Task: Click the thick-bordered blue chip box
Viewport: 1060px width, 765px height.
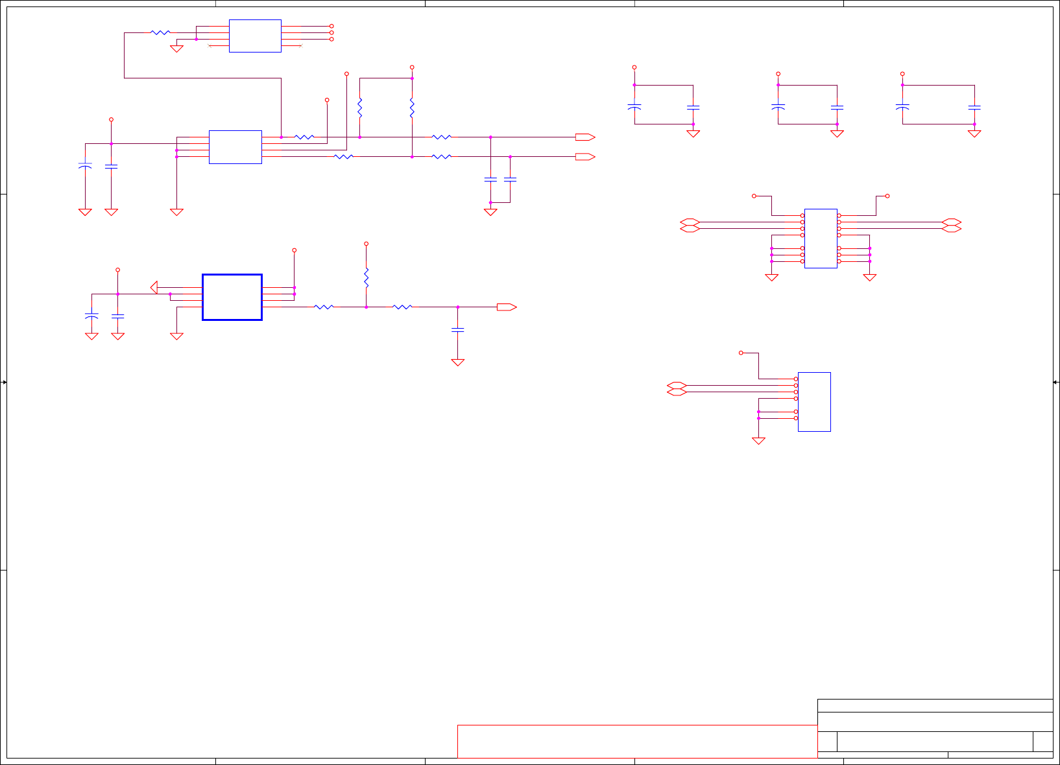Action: (232, 297)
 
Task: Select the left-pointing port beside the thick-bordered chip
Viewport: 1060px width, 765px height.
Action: (154, 287)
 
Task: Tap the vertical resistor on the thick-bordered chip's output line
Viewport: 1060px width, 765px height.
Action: (367, 277)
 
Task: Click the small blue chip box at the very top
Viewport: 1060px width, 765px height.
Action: (255, 36)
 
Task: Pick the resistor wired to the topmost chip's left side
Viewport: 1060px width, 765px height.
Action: (160, 32)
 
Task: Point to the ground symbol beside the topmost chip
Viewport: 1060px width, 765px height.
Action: (176, 49)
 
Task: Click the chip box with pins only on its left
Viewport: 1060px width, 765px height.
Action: (814, 401)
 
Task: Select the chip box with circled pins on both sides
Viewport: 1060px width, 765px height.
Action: (821, 238)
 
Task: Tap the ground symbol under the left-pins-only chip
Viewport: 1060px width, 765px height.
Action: (758, 441)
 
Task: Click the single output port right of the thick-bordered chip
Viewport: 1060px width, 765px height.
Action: (507, 307)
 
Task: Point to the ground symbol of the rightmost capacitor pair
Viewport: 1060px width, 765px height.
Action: (974, 134)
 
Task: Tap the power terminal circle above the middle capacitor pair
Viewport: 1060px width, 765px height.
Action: (778, 74)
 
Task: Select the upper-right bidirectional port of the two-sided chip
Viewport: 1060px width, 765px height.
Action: (952, 222)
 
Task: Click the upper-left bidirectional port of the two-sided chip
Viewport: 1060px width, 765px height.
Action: (690, 222)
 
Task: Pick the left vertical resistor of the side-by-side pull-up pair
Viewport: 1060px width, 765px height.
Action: (360, 108)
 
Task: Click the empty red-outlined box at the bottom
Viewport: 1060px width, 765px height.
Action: (637, 741)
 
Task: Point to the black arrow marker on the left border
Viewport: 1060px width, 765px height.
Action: (4, 383)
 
